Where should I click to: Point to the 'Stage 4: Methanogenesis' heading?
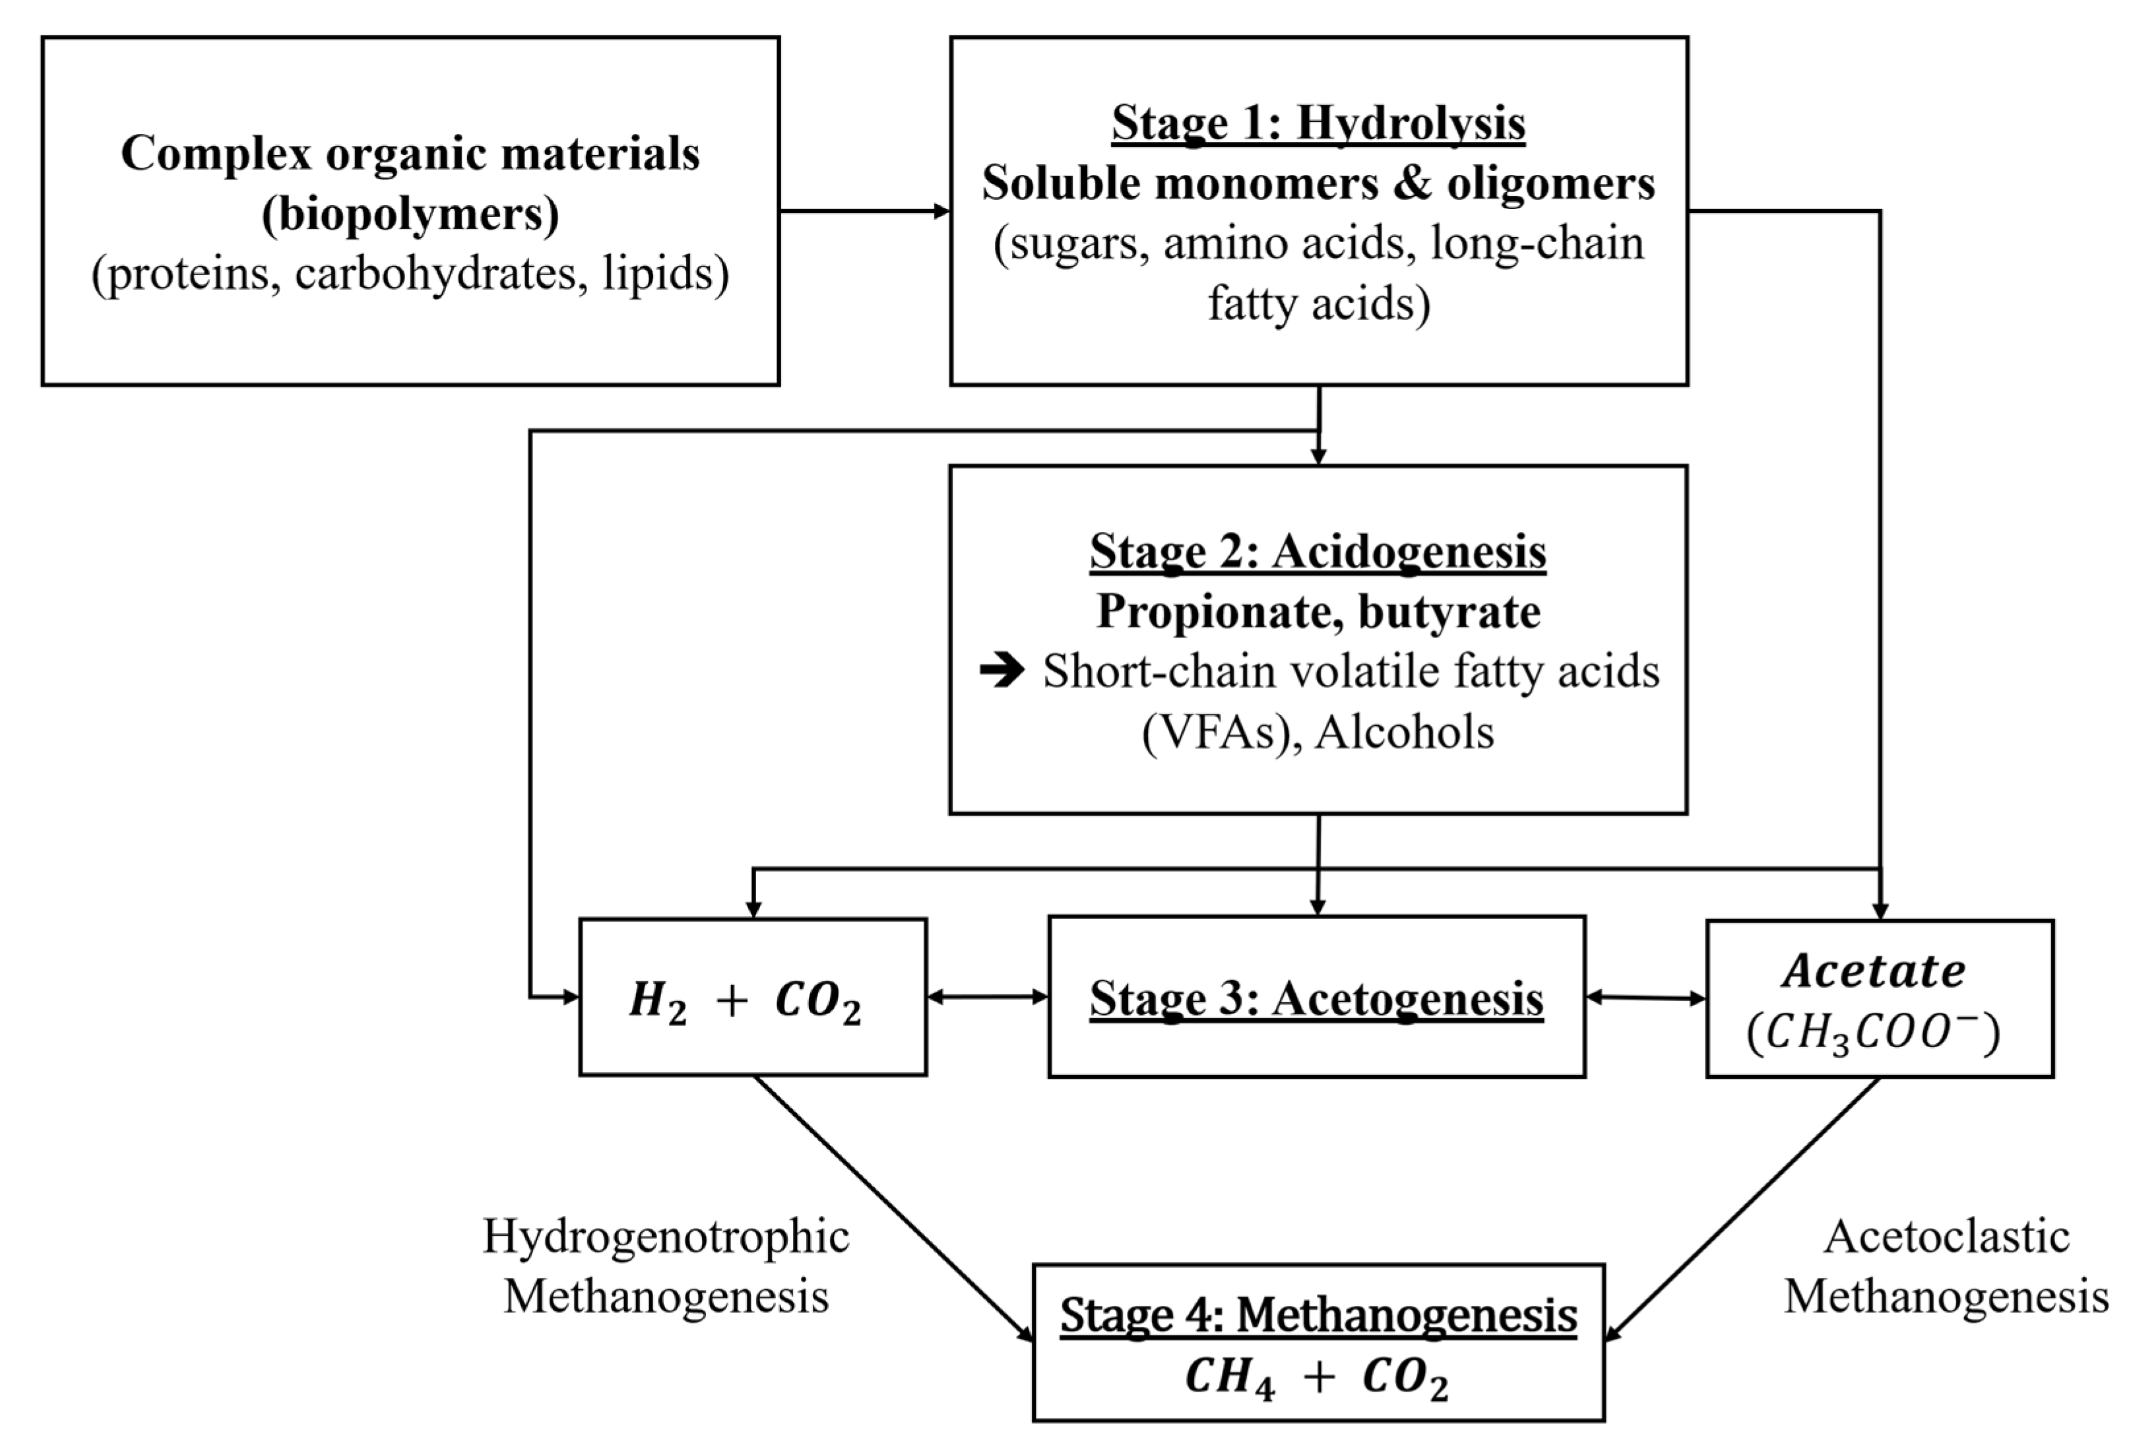[x=1318, y=1315]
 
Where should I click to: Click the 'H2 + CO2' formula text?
[x=746, y=1000]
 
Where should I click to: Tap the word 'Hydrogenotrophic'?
[x=666, y=1236]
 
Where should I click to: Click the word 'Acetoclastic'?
[x=1946, y=1236]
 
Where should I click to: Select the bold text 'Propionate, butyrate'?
[x=1318, y=612]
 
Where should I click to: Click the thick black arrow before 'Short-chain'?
[x=1002, y=671]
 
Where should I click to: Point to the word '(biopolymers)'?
[x=410, y=214]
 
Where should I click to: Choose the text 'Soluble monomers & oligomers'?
[x=1318, y=183]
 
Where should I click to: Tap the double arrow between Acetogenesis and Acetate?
[x=1646, y=998]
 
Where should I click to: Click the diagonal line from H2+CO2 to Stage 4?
[x=889, y=1206]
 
